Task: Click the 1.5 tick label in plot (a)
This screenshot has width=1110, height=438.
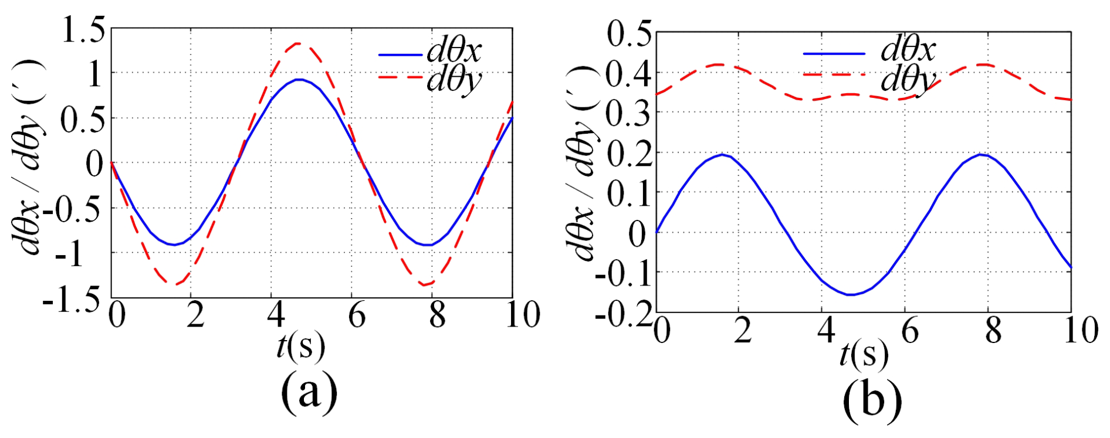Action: coord(84,30)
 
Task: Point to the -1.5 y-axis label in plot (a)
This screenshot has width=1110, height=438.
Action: coord(71,300)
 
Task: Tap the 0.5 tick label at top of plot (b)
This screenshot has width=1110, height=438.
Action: coord(629,34)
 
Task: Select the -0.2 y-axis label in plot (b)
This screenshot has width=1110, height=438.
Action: coord(623,314)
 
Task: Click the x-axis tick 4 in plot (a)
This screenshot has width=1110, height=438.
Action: coord(276,315)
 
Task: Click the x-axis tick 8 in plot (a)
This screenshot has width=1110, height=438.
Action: coord(437,315)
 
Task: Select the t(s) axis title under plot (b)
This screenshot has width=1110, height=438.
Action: coord(864,355)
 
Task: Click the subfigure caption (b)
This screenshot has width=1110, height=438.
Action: coord(872,400)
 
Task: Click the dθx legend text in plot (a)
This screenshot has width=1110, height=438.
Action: coord(454,51)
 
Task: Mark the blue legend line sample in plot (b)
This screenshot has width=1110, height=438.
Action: coord(834,54)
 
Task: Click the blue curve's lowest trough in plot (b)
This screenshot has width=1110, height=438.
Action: coord(850,294)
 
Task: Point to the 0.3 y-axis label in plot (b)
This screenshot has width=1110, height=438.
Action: coord(629,113)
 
